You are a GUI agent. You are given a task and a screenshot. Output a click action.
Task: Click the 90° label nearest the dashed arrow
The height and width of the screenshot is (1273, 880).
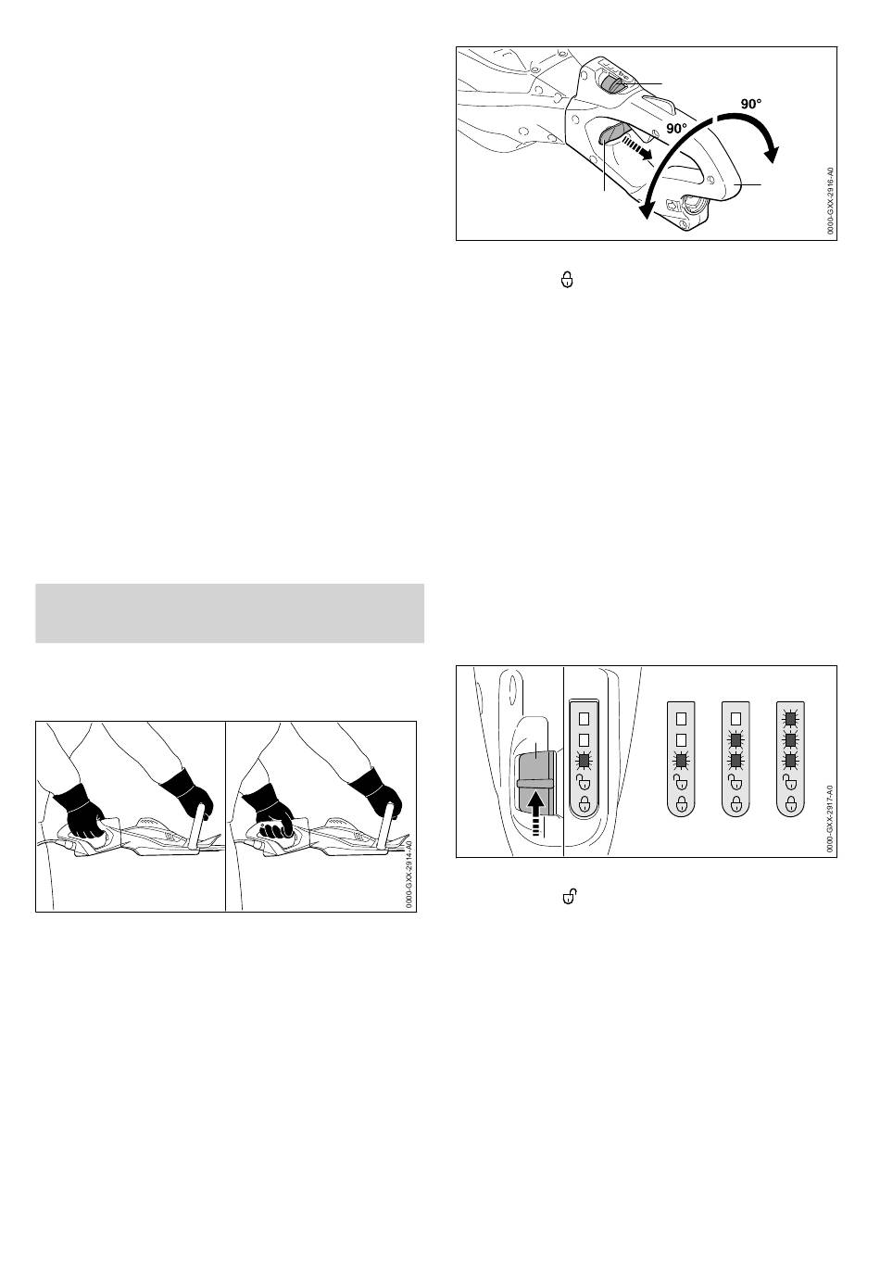pos(676,129)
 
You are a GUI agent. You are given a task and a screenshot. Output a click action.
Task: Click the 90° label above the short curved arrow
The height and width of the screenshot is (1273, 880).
pos(751,104)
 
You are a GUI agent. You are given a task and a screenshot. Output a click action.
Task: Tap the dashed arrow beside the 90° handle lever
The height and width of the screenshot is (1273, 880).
pos(636,146)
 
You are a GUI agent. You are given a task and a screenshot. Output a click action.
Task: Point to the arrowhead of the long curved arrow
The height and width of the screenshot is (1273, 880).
pos(645,209)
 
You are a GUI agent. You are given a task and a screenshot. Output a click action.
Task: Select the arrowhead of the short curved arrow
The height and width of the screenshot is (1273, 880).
pos(771,154)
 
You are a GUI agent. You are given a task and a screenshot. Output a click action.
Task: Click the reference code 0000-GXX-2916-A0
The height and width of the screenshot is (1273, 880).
pos(830,201)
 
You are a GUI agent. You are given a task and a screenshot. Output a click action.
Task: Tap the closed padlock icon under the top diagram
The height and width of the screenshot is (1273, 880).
pos(566,280)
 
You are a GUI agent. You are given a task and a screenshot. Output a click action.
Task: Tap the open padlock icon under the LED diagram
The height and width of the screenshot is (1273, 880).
pos(568,896)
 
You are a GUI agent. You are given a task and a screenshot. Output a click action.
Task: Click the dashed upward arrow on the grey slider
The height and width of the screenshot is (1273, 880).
pos(536,813)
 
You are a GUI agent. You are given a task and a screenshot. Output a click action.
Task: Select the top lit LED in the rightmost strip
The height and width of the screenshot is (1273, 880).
pos(789,718)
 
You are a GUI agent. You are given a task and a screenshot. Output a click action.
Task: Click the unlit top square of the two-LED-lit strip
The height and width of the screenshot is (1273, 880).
pos(735,718)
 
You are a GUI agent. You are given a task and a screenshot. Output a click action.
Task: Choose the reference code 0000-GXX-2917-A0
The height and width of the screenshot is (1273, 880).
pos(830,818)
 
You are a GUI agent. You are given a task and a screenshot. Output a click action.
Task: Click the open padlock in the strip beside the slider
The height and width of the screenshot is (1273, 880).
pos(584,783)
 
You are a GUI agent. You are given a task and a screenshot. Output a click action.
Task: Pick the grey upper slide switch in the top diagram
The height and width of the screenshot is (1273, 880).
pos(612,85)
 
